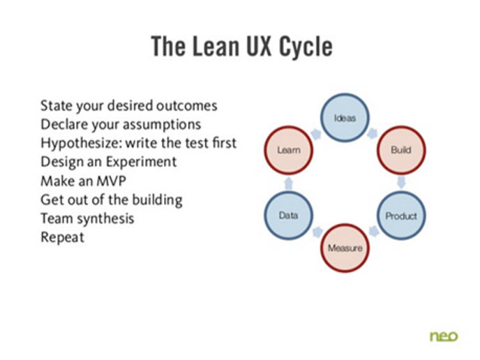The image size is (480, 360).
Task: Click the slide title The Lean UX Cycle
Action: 241,47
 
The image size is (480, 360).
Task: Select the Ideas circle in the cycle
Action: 345,118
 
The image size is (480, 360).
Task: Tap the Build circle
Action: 400,149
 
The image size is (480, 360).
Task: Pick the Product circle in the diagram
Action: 400,216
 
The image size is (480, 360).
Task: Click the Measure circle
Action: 345,248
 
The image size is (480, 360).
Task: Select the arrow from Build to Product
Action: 401,183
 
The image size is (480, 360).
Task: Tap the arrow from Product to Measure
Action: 375,233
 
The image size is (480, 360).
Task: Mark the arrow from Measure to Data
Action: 315,233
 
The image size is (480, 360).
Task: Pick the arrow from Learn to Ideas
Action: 315,131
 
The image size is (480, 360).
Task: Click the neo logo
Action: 444,336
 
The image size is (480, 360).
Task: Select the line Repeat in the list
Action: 62,237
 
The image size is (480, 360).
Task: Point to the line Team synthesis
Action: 87,218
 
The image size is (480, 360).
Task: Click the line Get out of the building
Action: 111,200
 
